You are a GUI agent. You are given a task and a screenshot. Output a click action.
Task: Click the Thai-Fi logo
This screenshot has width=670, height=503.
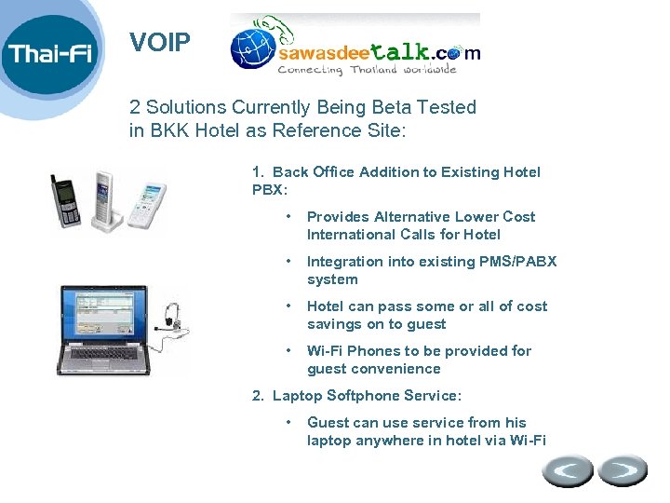[51, 53]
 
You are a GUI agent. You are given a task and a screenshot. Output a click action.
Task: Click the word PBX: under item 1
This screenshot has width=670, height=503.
[270, 190]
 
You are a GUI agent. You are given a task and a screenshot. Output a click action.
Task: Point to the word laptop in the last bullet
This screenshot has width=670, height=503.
[330, 441]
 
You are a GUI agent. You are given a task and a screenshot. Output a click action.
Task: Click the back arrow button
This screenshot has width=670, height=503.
[567, 470]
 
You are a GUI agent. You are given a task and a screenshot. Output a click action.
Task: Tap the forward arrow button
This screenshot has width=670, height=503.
[622, 470]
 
